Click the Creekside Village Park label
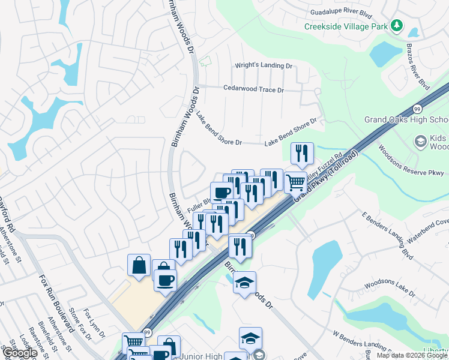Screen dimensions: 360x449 pyautogui.click(x=345, y=26)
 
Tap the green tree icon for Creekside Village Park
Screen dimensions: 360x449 pyautogui.click(x=396, y=26)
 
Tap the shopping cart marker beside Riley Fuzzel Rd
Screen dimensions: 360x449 pyautogui.click(x=295, y=182)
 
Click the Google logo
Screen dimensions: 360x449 pyautogui.click(x=19, y=353)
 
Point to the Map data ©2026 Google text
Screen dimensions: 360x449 pyautogui.click(x=412, y=355)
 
